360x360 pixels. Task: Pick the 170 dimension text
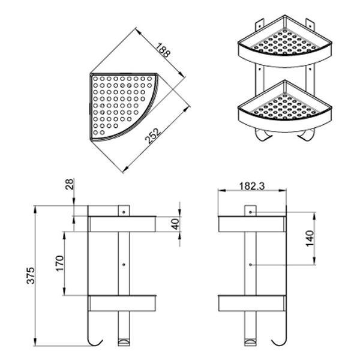[x=59, y=264]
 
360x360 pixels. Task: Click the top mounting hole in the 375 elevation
[x=123, y=212]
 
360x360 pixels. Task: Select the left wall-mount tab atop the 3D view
[x=259, y=25]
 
